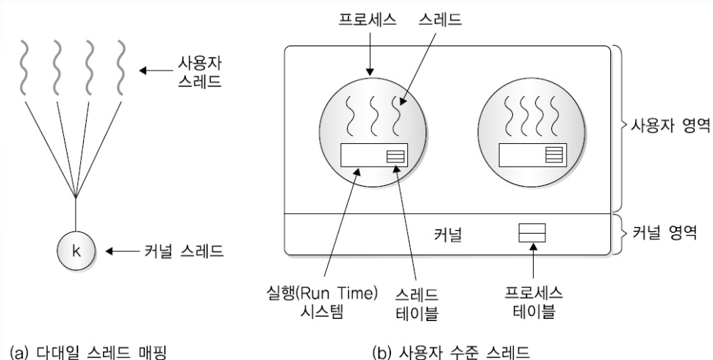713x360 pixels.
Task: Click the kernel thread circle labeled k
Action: pos(74,251)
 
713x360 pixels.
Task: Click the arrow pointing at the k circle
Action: pos(125,251)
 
